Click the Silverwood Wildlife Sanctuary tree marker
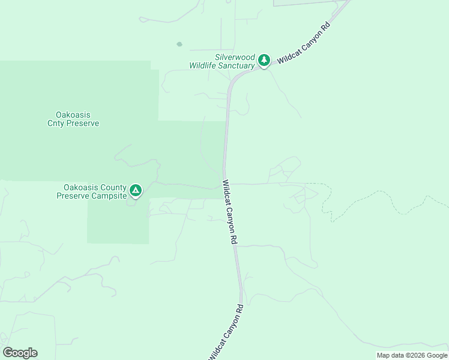click(x=264, y=60)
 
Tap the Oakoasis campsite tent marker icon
click(x=136, y=191)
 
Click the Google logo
click(x=20, y=353)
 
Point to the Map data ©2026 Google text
click(x=412, y=355)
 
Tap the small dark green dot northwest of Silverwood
click(x=179, y=44)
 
